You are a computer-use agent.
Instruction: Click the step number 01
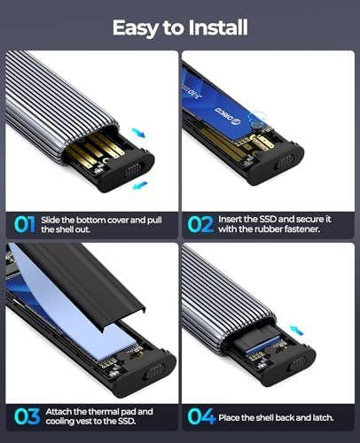point(25,224)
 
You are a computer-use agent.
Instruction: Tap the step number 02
point(200,224)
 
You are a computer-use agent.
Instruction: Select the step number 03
point(27,416)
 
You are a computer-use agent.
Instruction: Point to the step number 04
point(201,416)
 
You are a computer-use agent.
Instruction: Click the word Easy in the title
point(135,28)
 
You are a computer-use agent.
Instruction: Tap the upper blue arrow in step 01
point(138,133)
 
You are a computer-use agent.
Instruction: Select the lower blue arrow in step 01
point(140,185)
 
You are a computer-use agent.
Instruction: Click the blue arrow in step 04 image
point(296,330)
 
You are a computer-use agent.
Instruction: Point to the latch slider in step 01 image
point(134,170)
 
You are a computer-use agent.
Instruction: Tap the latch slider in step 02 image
point(285,162)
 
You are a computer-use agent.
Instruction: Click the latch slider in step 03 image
point(154,371)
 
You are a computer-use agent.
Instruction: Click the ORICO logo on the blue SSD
point(229,114)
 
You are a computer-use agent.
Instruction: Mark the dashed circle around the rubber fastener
point(257,120)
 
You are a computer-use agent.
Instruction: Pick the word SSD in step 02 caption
point(268,219)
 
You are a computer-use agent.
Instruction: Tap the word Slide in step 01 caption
point(51,220)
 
